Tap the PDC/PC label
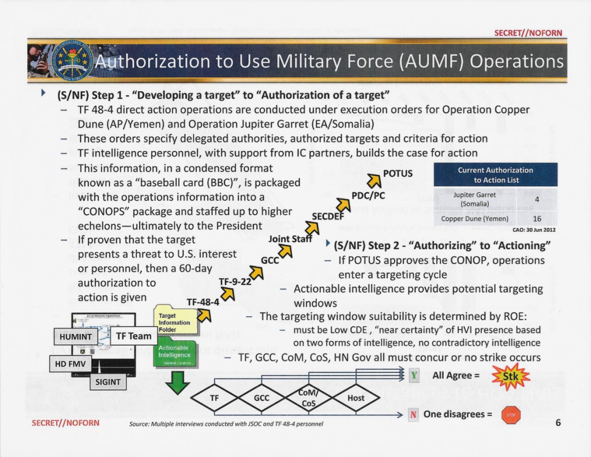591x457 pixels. [368, 196]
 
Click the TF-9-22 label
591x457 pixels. [235, 281]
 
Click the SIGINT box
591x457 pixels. [108, 381]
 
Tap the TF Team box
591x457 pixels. [133, 336]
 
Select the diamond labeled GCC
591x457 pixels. [261, 398]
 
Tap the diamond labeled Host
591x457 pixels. [356, 398]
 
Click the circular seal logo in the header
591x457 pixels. [72, 61]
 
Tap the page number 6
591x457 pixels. [558, 422]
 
